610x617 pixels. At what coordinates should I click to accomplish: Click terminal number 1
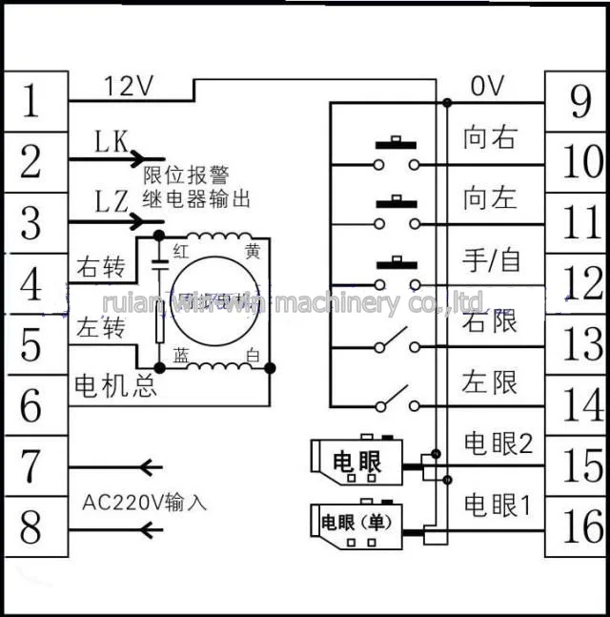(32, 100)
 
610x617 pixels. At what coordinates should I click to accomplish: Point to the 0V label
(489, 86)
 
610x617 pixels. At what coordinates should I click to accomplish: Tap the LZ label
(112, 202)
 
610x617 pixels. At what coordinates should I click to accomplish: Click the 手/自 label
(492, 260)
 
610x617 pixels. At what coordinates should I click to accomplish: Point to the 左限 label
(490, 382)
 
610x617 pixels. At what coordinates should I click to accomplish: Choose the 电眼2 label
(497, 443)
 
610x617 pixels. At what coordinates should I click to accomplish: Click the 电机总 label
(116, 388)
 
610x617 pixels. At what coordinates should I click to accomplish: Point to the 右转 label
(100, 268)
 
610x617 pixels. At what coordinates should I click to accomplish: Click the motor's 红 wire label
(178, 252)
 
